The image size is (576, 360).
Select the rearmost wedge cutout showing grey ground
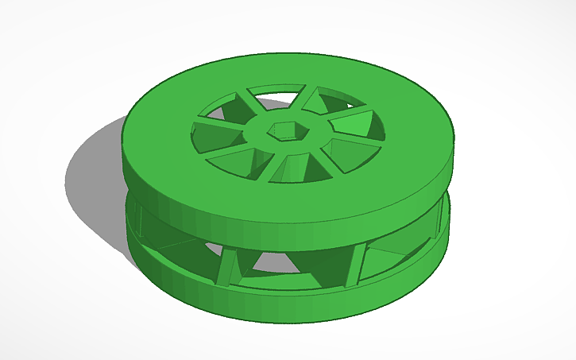[274, 95]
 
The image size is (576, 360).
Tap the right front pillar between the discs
[352, 266]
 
